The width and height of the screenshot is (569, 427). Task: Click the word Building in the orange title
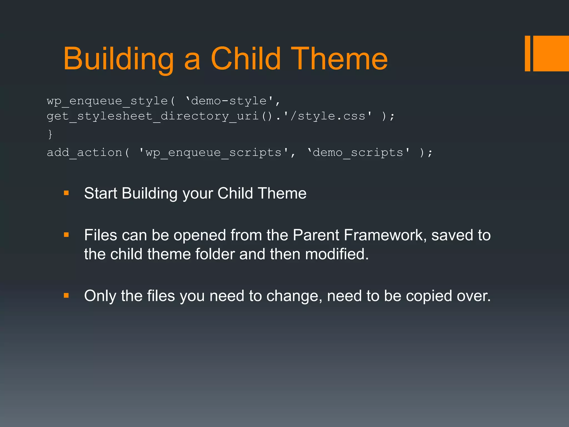118,59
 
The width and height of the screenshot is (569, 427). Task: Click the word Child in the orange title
246,59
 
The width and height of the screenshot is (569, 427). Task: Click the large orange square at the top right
551,53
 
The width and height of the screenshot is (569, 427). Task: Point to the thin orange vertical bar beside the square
527,53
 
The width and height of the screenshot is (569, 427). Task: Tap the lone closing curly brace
50,134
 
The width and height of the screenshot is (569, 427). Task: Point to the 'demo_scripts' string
358,153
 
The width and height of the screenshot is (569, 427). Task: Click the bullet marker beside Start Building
66,193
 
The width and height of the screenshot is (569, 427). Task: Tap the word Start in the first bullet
100,193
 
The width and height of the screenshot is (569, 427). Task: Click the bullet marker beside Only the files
66,296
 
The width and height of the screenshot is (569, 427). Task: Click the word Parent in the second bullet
316,235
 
